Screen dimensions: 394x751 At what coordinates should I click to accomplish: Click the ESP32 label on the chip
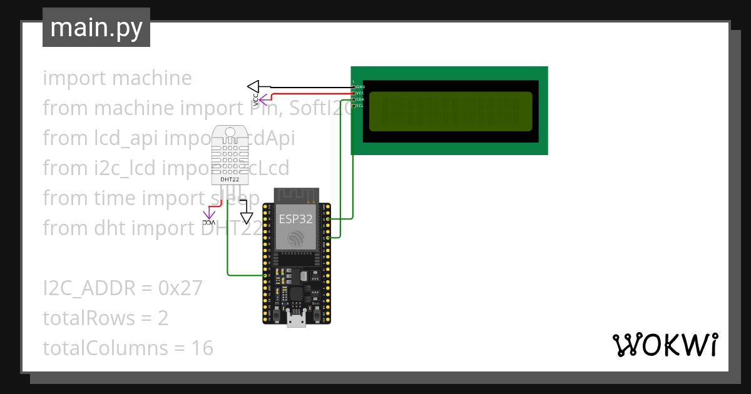pos(296,218)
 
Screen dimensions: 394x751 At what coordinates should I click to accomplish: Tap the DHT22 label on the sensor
pos(230,180)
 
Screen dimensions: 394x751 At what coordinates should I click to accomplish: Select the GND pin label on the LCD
pos(360,86)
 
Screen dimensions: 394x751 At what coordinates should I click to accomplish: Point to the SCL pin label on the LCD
pos(360,106)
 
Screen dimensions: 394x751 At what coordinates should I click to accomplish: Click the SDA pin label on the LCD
pos(360,99)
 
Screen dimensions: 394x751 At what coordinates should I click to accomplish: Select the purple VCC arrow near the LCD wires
pos(265,98)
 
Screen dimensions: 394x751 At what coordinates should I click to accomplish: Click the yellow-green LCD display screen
pos(451,111)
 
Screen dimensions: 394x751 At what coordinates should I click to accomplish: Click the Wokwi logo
pos(665,345)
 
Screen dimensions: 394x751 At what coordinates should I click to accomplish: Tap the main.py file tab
pos(96,28)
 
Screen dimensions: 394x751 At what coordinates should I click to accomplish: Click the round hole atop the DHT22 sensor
pos(230,132)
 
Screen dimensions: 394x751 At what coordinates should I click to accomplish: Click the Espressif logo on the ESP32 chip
pos(296,240)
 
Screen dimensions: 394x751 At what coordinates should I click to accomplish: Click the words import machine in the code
pos(117,78)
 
